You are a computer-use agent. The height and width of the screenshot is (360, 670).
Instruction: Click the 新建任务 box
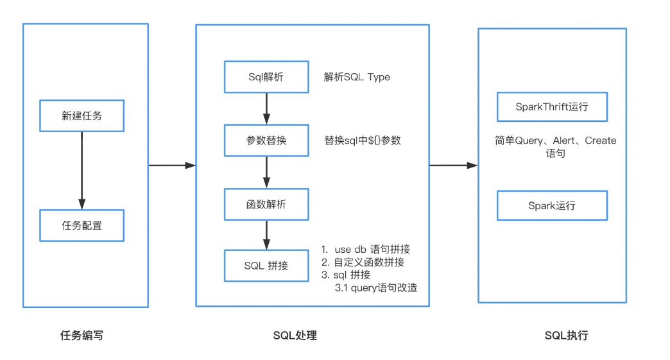tap(82, 116)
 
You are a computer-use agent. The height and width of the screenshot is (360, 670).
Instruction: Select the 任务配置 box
tap(82, 225)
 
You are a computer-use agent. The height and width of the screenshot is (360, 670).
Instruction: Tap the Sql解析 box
tap(266, 77)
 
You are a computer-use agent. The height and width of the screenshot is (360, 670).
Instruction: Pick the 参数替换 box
tap(266, 141)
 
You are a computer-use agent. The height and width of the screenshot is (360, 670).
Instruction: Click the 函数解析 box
tap(266, 205)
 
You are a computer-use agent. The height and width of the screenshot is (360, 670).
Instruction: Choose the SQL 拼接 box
tap(266, 266)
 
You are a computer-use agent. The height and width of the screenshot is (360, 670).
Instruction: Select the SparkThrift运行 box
tap(552, 107)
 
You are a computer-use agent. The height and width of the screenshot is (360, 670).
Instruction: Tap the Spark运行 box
tap(552, 206)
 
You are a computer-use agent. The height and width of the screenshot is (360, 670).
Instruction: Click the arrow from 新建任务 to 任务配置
tap(82, 170)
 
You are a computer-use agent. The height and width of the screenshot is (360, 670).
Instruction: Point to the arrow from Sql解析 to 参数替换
tap(266, 108)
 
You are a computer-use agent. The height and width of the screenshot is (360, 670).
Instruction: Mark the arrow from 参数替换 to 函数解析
tap(266, 172)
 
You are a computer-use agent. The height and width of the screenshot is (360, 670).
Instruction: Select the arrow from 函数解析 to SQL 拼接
tap(266, 235)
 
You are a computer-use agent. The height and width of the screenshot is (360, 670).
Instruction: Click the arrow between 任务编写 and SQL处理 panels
tap(171, 166)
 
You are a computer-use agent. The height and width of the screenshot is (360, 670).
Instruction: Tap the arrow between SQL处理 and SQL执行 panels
tap(453, 166)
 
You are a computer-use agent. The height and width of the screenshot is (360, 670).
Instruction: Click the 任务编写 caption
tap(82, 335)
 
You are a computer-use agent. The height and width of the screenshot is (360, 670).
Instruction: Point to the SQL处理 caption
tap(295, 335)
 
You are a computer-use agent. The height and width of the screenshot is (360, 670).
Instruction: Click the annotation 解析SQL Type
tap(357, 77)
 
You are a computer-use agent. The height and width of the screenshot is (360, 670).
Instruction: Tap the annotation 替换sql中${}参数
tap(363, 141)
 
